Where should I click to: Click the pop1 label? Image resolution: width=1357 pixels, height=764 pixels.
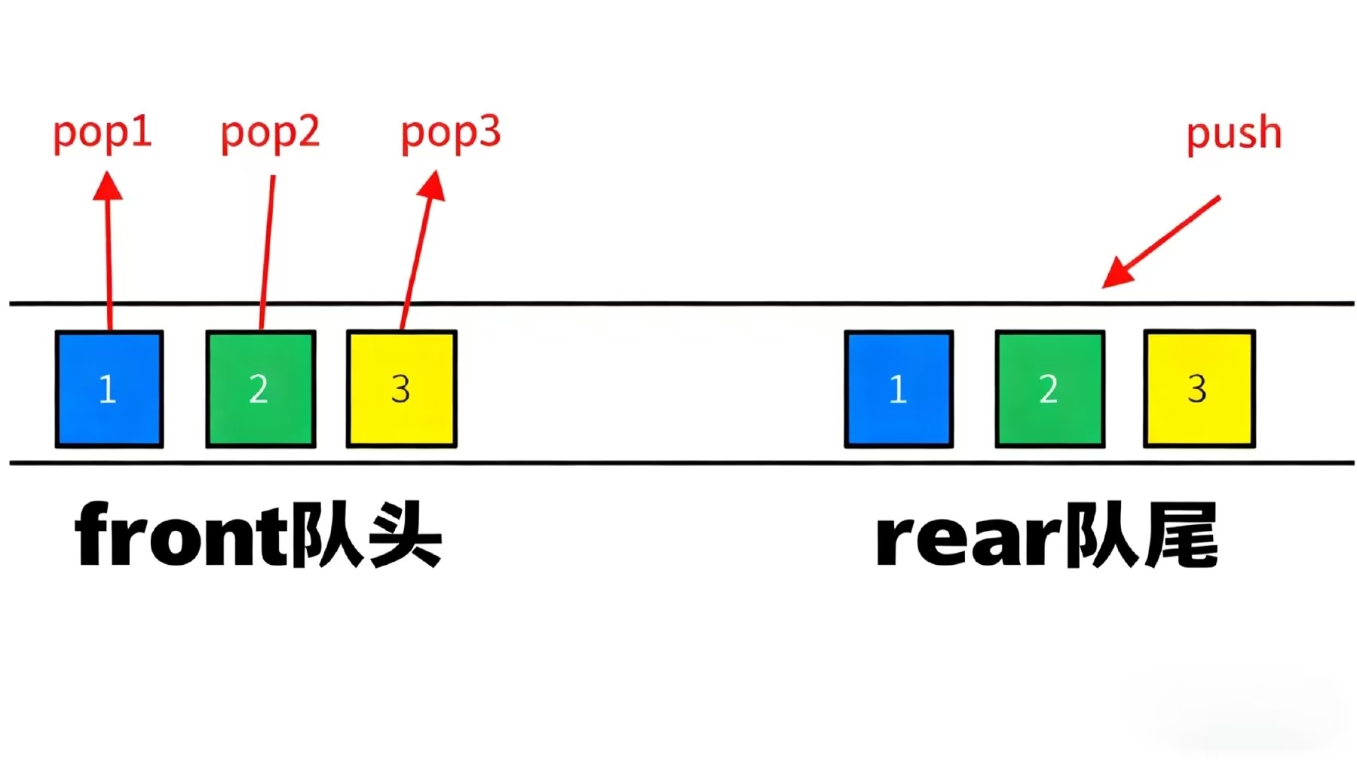(103, 133)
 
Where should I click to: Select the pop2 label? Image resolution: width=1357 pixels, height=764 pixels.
(270, 133)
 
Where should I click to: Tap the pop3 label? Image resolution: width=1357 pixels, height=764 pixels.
(450, 133)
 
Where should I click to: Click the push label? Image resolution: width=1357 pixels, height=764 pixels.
(1233, 134)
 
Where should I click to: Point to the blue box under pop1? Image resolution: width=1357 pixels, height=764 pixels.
(109, 388)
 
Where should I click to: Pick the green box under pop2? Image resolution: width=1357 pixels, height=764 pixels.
(261, 388)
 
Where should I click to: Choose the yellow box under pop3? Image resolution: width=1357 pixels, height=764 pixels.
(402, 388)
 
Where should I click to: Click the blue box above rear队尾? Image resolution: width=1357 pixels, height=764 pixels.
(899, 388)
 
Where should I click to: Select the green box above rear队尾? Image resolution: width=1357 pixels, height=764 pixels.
(1050, 388)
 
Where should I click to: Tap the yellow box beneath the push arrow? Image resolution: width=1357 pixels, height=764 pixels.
(1199, 388)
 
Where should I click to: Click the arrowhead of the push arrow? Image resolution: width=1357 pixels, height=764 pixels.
(1116, 276)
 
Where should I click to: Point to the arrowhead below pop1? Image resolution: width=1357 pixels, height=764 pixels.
(108, 186)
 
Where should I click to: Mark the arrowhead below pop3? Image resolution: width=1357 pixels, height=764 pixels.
(432, 186)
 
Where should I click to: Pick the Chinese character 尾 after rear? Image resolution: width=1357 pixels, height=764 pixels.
(1180, 535)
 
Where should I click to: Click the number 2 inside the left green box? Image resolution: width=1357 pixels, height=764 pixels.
(259, 389)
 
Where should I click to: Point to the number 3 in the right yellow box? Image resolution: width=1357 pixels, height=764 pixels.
(1197, 389)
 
